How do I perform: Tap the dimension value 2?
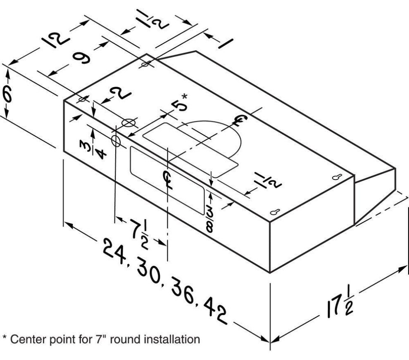122,95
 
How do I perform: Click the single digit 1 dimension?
224,43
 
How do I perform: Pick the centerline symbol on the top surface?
239,121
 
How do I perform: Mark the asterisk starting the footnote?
5,338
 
